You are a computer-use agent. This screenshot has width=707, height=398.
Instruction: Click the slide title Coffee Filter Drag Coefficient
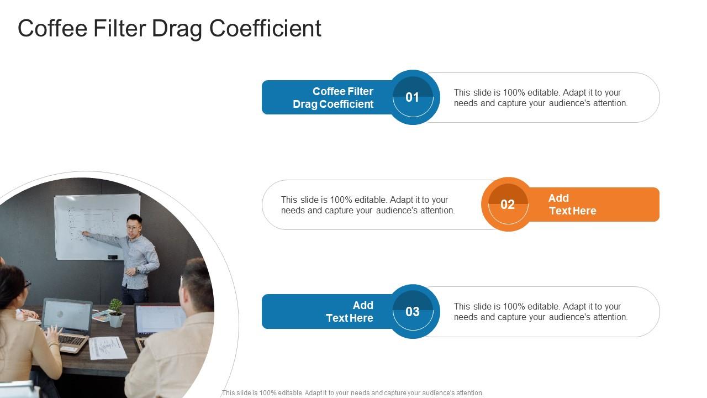pyautogui.click(x=169, y=29)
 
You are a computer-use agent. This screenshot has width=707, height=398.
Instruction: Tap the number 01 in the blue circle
pyautogui.click(x=413, y=97)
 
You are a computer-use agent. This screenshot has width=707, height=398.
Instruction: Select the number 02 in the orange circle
pyautogui.click(x=508, y=205)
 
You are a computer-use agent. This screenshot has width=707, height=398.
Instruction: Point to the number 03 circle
pyautogui.click(x=413, y=312)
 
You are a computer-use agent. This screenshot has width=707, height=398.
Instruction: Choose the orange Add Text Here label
pyautogui.click(x=572, y=205)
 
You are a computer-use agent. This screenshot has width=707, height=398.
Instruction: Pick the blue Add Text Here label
pyautogui.click(x=349, y=312)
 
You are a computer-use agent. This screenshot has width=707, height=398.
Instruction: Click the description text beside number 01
pyautogui.click(x=540, y=98)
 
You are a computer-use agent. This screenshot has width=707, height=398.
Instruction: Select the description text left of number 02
pyautogui.click(x=367, y=205)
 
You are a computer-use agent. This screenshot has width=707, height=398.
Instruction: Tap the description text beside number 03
pyautogui.click(x=540, y=312)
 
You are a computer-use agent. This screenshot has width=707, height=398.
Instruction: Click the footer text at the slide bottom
pyautogui.click(x=352, y=393)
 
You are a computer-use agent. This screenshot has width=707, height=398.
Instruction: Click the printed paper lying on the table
pyautogui.click(x=108, y=348)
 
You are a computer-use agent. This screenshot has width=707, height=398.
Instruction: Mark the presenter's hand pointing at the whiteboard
pyautogui.click(x=86, y=234)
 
